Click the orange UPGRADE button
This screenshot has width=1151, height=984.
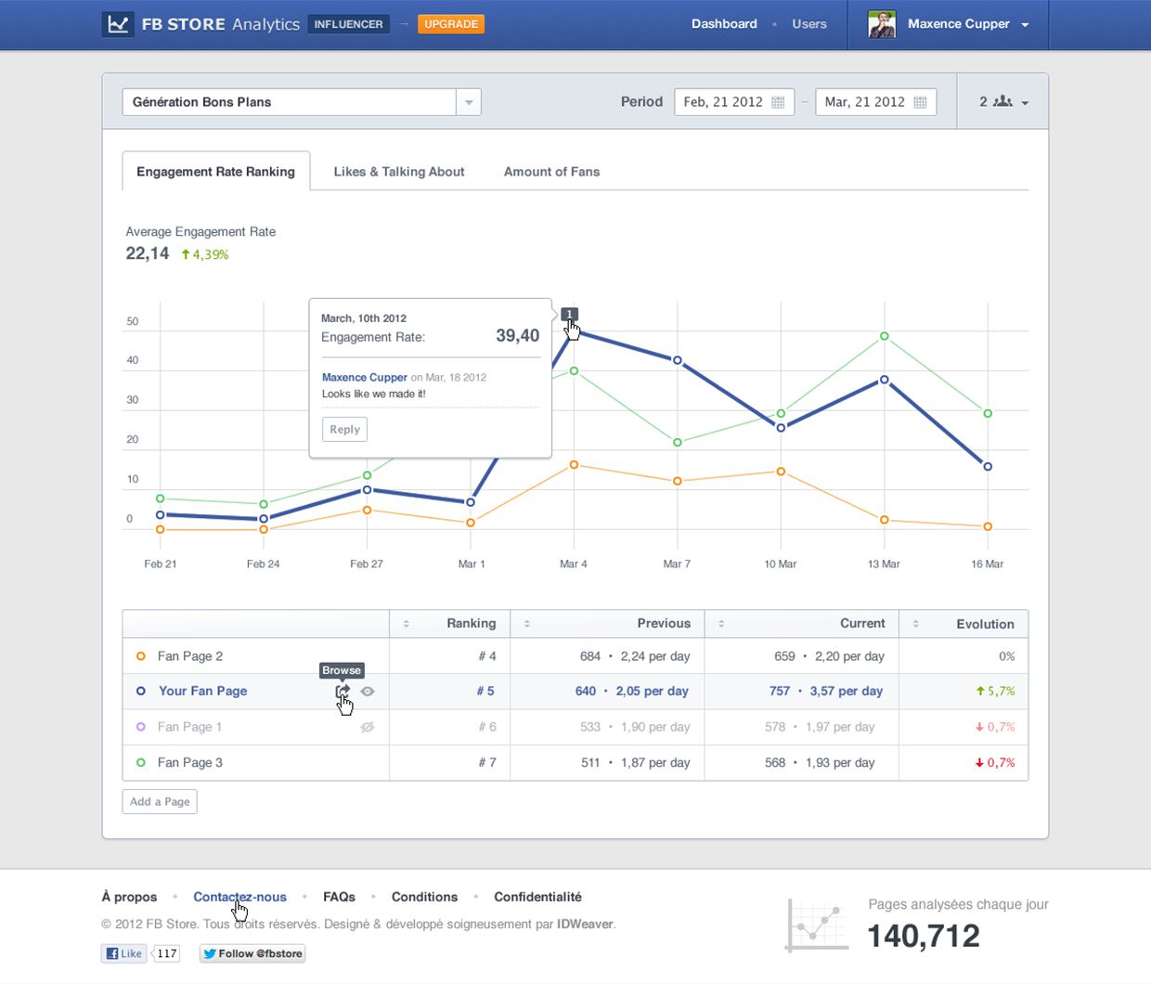click(x=451, y=24)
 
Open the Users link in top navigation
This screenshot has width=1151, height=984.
click(x=808, y=24)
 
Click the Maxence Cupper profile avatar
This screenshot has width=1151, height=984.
click(x=881, y=24)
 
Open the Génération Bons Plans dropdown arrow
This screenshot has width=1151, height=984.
click(x=469, y=102)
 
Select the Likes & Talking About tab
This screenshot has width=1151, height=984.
click(x=398, y=172)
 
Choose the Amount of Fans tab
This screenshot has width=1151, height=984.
click(x=551, y=172)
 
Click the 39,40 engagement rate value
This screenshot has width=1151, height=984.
click(x=517, y=336)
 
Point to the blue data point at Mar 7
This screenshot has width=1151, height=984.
click(x=678, y=360)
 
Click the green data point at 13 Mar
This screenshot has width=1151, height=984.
click(x=884, y=336)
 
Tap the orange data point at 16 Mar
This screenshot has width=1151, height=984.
click(x=988, y=526)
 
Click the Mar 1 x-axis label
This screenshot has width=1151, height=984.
click(x=472, y=563)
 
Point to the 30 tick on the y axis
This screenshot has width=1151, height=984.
click(x=133, y=400)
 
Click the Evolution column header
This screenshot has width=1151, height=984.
click(x=985, y=624)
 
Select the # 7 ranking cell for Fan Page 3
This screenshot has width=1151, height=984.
click(x=487, y=762)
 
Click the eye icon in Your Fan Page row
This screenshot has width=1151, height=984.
click(x=368, y=692)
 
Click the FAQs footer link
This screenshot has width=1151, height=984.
click(x=339, y=897)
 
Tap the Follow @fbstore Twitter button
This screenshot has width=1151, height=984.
click(x=252, y=953)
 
